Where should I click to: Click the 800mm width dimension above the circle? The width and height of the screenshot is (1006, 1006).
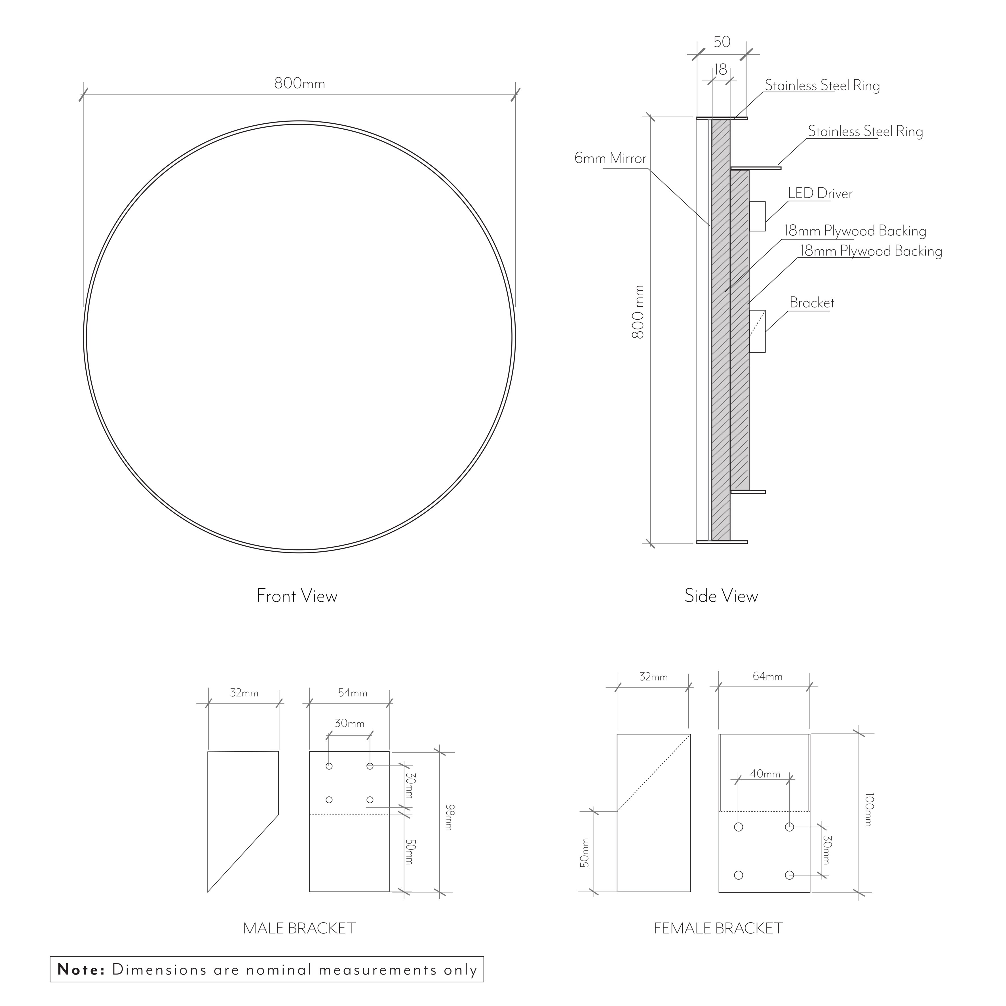(x=300, y=83)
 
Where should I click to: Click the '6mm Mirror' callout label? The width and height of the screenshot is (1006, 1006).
(x=610, y=158)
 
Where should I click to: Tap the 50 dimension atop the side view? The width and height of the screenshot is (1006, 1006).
(x=722, y=42)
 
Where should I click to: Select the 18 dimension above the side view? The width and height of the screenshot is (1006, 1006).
(x=720, y=69)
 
